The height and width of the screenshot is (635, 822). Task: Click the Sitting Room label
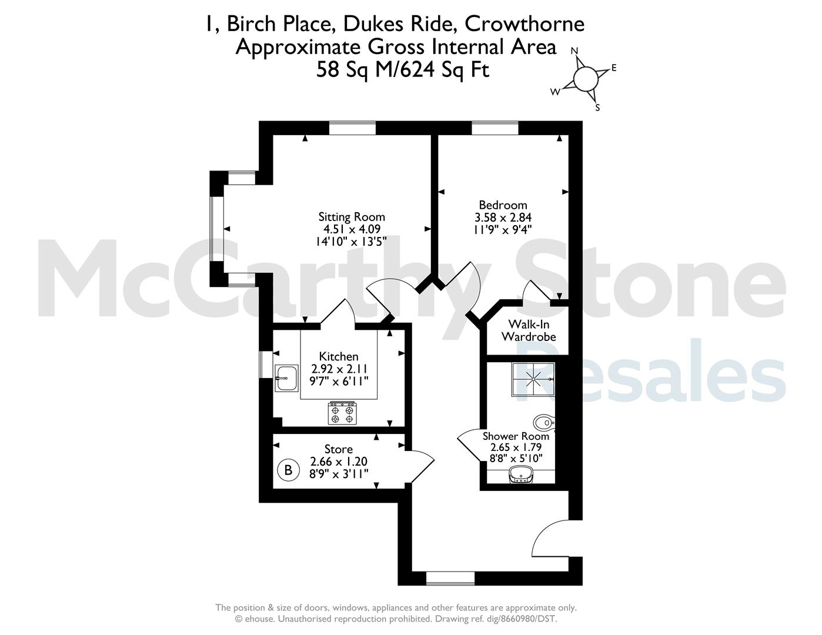(x=352, y=217)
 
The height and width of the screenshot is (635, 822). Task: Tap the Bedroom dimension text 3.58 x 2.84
(x=503, y=218)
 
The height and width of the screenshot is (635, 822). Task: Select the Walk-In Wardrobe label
(x=529, y=330)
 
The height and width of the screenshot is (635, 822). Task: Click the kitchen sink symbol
(x=286, y=378)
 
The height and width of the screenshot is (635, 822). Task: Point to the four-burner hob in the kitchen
(x=342, y=413)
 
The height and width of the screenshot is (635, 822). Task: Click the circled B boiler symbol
(x=288, y=470)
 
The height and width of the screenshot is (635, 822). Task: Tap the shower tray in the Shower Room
(x=533, y=379)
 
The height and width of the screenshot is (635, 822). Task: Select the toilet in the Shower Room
(x=543, y=422)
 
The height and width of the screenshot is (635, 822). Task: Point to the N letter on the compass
(x=574, y=51)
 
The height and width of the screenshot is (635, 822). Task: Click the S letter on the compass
(x=597, y=108)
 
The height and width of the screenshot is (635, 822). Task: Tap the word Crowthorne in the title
(x=524, y=24)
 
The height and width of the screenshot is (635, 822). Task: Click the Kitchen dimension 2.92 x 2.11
(x=339, y=369)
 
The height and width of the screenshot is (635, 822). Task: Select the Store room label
(x=339, y=449)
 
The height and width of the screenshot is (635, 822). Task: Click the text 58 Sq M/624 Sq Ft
(x=403, y=70)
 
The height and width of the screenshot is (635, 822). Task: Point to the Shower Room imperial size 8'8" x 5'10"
(x=516, y=459)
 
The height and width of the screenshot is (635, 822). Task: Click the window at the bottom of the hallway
(x=450, y=579)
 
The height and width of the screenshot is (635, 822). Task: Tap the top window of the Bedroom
(x=495, y=128)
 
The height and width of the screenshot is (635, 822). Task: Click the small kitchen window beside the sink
(x=266, y=364)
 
